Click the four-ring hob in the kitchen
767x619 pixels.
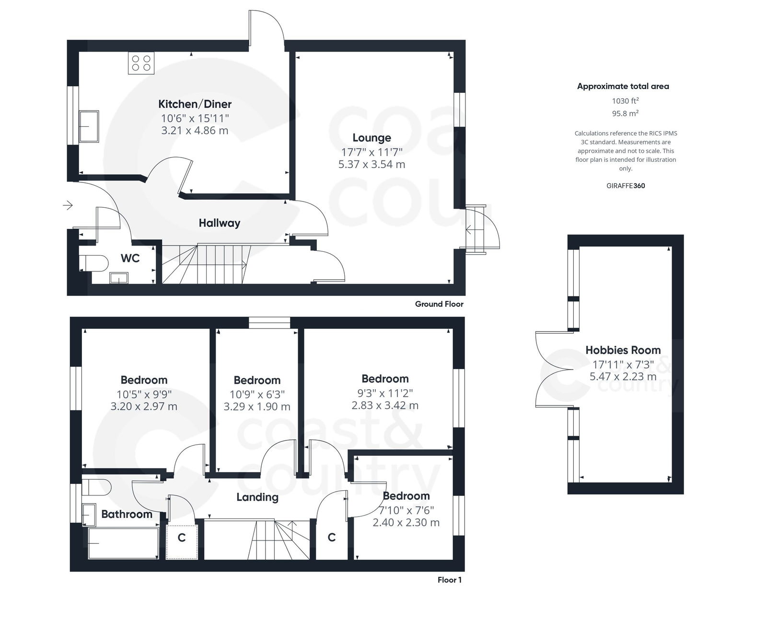(x=141, y=63)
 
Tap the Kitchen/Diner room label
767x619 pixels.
(x=195, y=104)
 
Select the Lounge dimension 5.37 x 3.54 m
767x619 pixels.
(x=372, y=164)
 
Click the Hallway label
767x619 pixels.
(x=219, y=223)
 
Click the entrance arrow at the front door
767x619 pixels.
(x=68, y=205)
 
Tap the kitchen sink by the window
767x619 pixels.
(x=89, y=126)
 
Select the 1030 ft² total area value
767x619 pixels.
(x=625, y=101)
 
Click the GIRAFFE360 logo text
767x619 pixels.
(x=625, y=186)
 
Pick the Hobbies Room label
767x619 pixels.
(x=623, y=350)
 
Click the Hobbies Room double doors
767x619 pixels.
(x=554, y=370)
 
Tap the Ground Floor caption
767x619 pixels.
(x=439, y=304)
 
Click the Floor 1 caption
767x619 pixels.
(x=449, y=580)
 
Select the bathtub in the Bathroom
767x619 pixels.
(x=123, y=543)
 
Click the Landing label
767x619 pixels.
(x=257, y=497)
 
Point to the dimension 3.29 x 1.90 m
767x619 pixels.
(x=256, y=406)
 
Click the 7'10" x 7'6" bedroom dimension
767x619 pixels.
(x=406, y=510)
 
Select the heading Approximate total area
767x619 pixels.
(x=623, y=86)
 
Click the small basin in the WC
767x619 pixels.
(x=118, y=277)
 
